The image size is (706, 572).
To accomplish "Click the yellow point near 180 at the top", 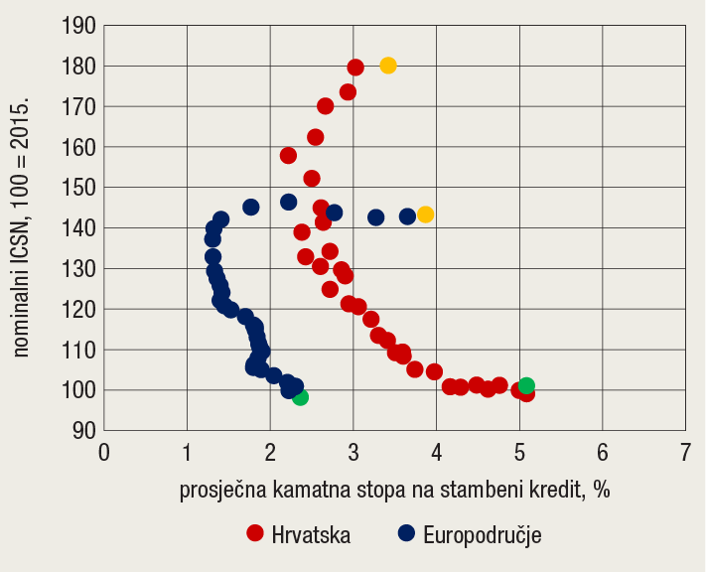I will pyautogui.click(x=388, y=66).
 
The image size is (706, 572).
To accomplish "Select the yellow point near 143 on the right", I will pyautogui.click(x=425, y=214).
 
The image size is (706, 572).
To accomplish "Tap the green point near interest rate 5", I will pyautogui.click(x=526, y=386).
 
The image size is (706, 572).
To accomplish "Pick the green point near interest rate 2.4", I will pyautogui.click(x=300, y=397).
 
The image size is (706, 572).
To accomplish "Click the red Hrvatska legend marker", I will pyautogui.click(x=255, y=533).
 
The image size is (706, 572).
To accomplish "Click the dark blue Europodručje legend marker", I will pyautogui.click(x=406, y=533).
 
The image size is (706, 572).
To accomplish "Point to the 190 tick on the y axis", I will pyautogui.click(x=77, y=26).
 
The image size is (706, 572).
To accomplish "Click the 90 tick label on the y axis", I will pyautogui.click(x=82, y=431).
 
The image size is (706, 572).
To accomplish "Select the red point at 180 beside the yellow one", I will pyautogui.click(x=355, y=68).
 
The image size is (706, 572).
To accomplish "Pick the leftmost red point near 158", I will pyautogui.click(x=289, y=156).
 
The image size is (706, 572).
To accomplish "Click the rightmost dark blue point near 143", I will pyautogui.click(x=407, y=216).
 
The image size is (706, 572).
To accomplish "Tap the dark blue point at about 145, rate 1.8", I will pyautogui.click(x=251, y=208).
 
